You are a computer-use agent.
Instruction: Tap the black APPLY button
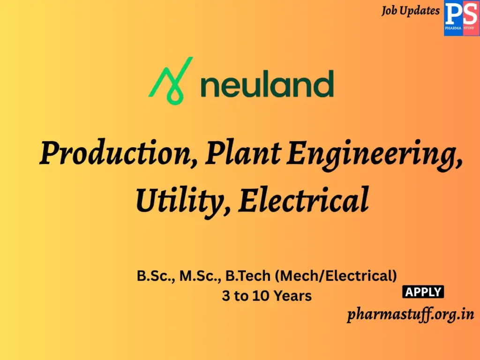(x=423, y=292)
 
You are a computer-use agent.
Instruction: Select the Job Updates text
(x=411, y=10)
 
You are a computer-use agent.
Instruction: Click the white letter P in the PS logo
(x=453, y=14)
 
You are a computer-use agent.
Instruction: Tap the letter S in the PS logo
(x=469, y=14)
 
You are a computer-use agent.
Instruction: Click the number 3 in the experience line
(x=226, y=296)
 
